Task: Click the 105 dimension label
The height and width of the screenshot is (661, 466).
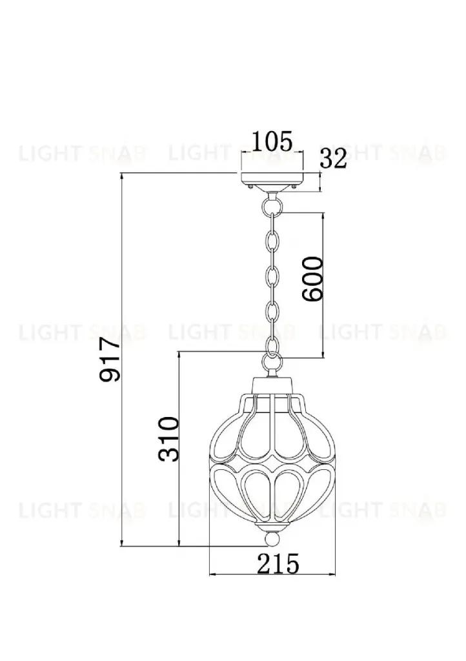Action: [272, 141]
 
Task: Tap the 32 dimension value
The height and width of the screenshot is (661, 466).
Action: [334, 159]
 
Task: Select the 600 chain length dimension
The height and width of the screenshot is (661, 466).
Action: [312, 279]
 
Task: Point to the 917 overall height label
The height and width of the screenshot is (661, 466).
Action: [110, 360]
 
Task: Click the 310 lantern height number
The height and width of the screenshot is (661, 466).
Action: [168, 439]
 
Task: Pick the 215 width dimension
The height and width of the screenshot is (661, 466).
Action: [278, 564]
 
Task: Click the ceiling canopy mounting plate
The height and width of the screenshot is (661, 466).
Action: [272, 181]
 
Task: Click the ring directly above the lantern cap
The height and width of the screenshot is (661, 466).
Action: [272, 361]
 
